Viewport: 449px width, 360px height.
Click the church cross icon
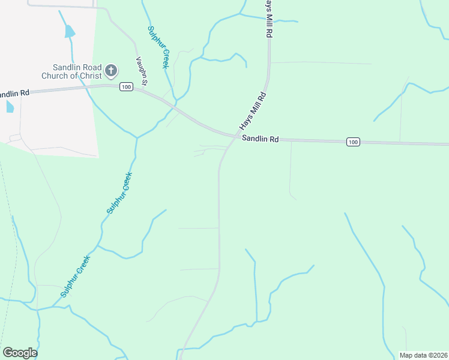(x=110, y=71)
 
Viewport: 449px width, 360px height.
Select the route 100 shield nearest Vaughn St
(x=125, y=87)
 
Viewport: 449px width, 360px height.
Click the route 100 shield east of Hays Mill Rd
(x=353, y=142)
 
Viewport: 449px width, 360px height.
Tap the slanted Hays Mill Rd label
(x=253, y=112)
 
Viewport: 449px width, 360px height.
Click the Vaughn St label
(x=141, y=70)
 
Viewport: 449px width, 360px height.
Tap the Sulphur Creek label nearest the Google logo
(x=75, y=277)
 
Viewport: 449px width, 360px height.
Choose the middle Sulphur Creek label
(x=119, y=193)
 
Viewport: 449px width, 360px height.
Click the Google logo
(x=20, y=353)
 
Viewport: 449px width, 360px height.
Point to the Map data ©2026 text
(x=423, y=355)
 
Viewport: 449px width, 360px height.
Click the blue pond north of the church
(x=70, y=31)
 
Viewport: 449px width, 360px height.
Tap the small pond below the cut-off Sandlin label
(x=9, y=106)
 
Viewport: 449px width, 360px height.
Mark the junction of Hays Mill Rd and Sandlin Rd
(x=236, y=136)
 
